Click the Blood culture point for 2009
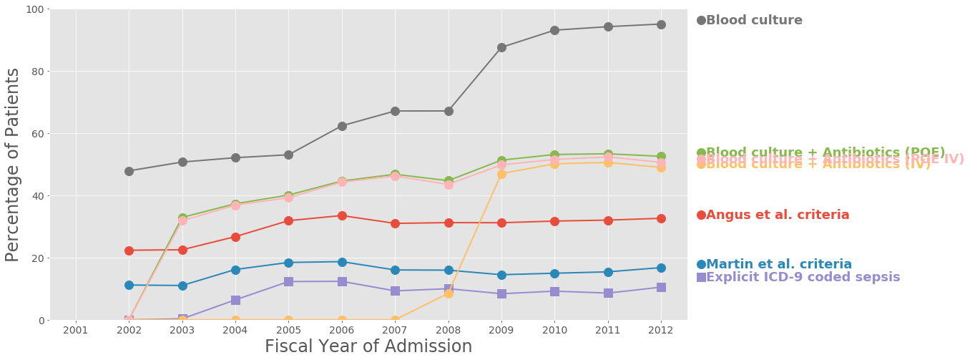tap(501, 47)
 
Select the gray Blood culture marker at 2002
tap(129, 171)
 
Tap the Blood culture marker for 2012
tap(661, 24)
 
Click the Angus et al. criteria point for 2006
tap(342, 215)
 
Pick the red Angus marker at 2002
tap(129, 250)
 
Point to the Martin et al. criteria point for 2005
tap(288, 263)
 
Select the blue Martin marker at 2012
tap(661, 268)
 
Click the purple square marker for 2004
tap(235, 300)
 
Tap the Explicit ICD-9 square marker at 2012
tap(661, 287)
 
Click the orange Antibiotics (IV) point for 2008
tap(449, 293)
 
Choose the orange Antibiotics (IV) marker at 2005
tap(288, 321)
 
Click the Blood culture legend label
tap(754, 20)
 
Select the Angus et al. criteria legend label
tap(778, 215)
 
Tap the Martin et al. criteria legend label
tap(779, 264)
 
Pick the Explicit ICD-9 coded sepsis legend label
tap(803, 277)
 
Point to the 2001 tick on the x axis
tap(76, 329)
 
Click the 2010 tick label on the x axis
tap(554, 329)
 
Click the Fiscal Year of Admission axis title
tap(368, 346)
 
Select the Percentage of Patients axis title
tap(13, 165)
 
